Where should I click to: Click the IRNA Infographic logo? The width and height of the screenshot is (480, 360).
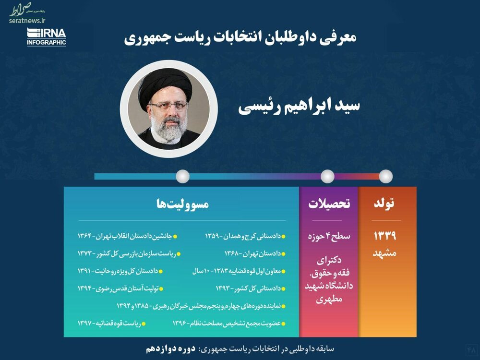coord(47,37)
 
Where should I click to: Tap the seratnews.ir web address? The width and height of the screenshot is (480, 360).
coord(27,21)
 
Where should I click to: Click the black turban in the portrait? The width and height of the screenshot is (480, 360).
coord(165,86)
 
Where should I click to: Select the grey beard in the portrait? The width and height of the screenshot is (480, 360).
coord(168,129)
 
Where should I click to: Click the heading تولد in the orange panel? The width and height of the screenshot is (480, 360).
coord(384,204)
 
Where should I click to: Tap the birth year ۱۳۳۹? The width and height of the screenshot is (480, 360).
coord(385,236)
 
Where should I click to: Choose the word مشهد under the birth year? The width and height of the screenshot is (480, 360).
coord(384,253)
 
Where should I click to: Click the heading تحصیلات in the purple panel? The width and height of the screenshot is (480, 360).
coord(329,204)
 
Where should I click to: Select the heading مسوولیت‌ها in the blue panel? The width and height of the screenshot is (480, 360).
coord(182,204)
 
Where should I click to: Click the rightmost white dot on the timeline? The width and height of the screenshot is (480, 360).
coord(386,176)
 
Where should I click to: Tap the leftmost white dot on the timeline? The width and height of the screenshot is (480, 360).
coord(183,176)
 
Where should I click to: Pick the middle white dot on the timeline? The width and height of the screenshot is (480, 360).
coord(327,176)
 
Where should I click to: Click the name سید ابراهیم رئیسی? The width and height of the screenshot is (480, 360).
coord(299,106)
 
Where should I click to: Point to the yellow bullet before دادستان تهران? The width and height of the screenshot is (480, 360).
coord(284,254)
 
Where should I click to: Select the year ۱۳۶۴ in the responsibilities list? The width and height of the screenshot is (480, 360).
coord(84,236)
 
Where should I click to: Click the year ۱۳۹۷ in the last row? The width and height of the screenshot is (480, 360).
coord(84,323)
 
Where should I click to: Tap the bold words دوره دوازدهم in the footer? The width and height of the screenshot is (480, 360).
coord(170,349)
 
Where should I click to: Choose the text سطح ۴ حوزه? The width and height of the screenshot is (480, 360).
coord(329,237)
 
